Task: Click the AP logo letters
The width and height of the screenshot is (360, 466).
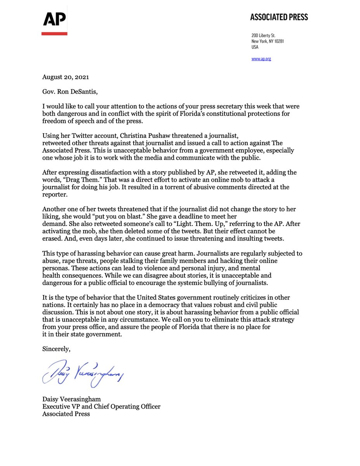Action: (54, 19)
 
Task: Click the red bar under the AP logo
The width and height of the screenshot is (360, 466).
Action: (54, 34)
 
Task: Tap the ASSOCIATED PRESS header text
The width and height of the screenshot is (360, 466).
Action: (279, 17)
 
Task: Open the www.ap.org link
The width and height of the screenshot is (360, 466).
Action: (261, 59)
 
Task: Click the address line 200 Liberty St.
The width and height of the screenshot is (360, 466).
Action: (264, 36)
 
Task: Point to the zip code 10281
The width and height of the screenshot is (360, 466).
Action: (278, 41)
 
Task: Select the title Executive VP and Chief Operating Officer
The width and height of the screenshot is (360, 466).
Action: (101, 407)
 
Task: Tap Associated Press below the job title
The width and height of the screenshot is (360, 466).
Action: (66, 414)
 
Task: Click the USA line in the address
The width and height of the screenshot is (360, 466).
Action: (255, 47)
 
